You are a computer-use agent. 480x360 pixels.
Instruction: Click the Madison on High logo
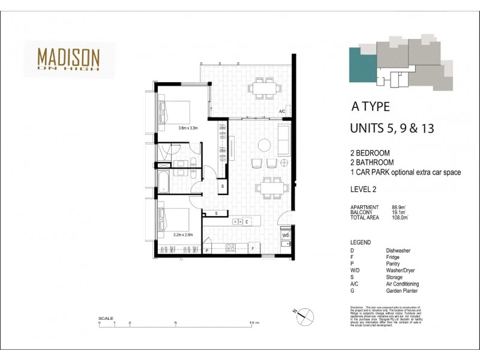68,58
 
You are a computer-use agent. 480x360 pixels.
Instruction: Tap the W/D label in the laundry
286,235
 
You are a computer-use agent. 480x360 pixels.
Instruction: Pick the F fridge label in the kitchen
253,248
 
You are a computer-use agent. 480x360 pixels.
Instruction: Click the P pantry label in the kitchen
206,248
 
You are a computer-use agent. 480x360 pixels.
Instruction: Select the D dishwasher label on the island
247,221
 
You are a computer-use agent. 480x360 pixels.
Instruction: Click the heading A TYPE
370,107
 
